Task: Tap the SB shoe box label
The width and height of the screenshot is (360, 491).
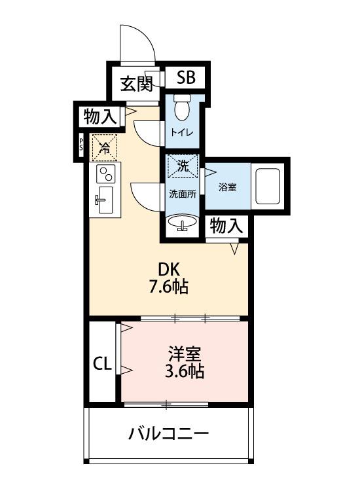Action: point(185,78)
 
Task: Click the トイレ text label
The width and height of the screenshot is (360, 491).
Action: point(182,132)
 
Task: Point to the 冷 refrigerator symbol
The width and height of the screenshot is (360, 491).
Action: point(104,147)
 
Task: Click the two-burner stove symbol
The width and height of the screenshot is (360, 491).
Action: point(104,174)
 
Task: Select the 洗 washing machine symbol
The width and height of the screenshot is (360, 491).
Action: point(183,166)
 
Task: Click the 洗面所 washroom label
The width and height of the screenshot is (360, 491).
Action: point(183,194)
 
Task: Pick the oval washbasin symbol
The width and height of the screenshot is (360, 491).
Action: point(183,223)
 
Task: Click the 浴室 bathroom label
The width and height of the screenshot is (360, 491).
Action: point(227,187)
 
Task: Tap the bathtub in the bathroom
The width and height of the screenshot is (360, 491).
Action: point(268,186)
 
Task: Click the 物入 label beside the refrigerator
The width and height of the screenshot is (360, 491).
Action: point(100,117)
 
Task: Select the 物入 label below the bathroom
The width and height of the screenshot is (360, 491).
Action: point(227,227)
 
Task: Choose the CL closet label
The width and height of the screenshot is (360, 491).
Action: point(101,363)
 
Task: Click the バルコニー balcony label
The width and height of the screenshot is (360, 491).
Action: point(168,433)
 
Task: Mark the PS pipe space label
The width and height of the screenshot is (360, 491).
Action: point(81,144)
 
